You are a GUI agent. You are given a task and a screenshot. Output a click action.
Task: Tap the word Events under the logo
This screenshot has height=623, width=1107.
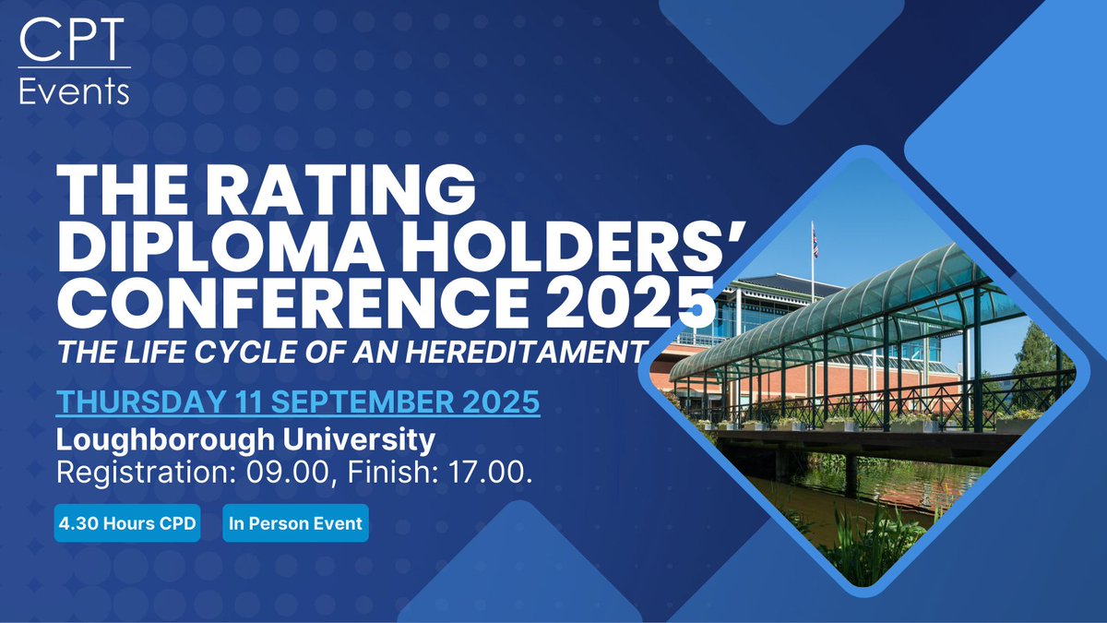pyautogui.click(x=75, y=90)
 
